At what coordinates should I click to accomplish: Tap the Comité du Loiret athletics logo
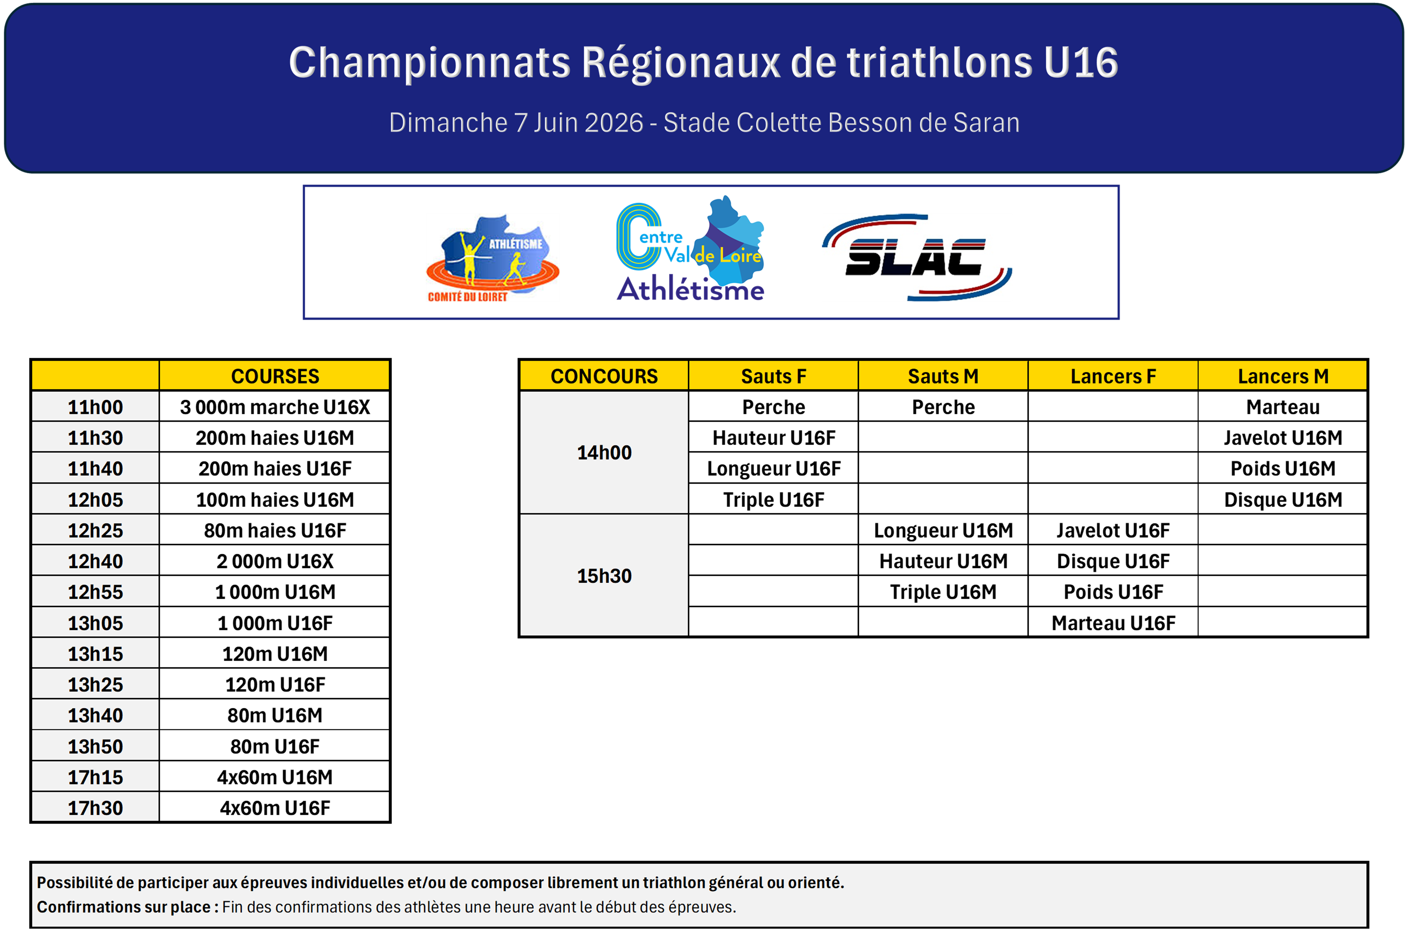tap(492, 259)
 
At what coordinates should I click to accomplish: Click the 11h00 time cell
tap(95, 407)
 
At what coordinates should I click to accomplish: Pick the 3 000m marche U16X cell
tap(275, 407)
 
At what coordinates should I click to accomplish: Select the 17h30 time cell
tap(95, 808)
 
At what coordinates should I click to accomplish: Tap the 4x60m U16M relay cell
tap(275, 777)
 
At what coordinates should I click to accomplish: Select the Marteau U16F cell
tap(1113, 623)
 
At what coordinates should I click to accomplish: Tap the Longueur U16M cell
tap(943, 530)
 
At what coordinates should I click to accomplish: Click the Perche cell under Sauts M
tap(943, 407)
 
